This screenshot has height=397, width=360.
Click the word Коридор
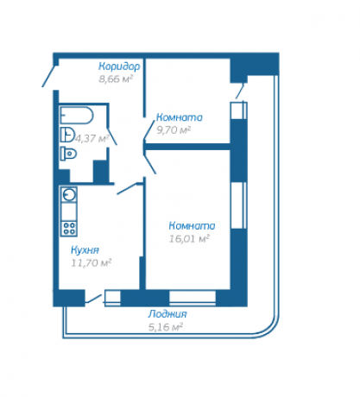tap(119, 66)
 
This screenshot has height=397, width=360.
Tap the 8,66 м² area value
tap(116, 79)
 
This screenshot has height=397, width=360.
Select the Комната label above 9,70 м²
tap(180, 117)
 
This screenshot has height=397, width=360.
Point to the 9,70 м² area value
tap(174, 130)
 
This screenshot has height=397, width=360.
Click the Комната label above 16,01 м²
tap(192, 226)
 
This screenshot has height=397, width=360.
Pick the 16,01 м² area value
tap(189, 238)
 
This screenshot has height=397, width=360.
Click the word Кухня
tap(85, 250)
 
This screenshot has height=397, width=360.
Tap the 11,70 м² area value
tap(92, 262)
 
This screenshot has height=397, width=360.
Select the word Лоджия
tap(167, 314)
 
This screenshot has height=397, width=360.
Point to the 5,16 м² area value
tap(166, 327)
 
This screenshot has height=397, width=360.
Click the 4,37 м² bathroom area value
tap(92, 138)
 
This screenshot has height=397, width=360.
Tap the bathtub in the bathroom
tap(77, 116)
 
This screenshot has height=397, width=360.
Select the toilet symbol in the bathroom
tap(68, 154)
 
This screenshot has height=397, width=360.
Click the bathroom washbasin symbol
tap(67, 135)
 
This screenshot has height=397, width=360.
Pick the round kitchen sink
tap(69, 195)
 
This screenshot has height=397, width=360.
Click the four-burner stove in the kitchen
tap(69, 228)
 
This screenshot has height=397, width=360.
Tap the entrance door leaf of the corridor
tap(49, 76)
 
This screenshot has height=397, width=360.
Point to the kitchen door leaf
tap(127, 189)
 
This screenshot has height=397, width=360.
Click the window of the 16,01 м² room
tap(239, 205)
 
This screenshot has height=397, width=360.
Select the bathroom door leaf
tap(111, 135)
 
